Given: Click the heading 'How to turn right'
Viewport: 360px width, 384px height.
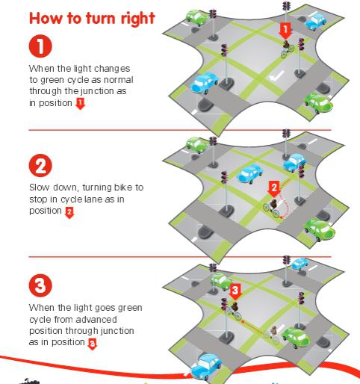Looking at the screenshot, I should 91,18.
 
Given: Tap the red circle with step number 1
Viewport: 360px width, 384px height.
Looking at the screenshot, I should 40,46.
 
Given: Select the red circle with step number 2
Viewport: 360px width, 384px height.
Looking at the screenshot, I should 40,164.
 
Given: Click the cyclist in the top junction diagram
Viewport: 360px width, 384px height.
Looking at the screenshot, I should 287,51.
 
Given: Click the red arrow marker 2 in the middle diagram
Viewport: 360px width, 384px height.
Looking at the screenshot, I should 274,188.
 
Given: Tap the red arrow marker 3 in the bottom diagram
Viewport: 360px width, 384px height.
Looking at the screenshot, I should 235,290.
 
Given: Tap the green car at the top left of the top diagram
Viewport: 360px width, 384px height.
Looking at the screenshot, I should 196,16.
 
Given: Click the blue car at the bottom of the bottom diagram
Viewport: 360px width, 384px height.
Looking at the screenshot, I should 205,367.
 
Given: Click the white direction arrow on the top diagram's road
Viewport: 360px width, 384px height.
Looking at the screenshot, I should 278,75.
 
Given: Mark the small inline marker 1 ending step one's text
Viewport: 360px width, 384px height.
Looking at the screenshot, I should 81,103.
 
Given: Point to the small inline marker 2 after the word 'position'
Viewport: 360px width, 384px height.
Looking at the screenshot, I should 69,212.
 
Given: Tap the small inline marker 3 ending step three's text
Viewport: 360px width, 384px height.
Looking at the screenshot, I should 92,343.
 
